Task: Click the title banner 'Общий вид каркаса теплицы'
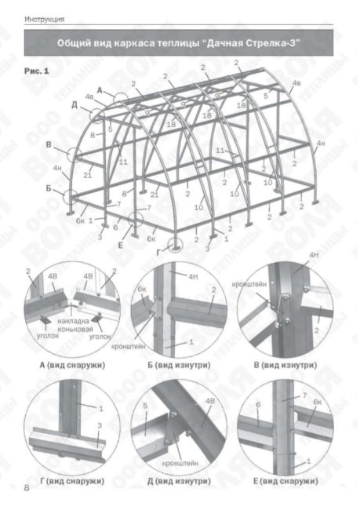pos(180,45)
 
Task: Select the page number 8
pos(27,489)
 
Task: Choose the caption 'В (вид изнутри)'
pos(285,366)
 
